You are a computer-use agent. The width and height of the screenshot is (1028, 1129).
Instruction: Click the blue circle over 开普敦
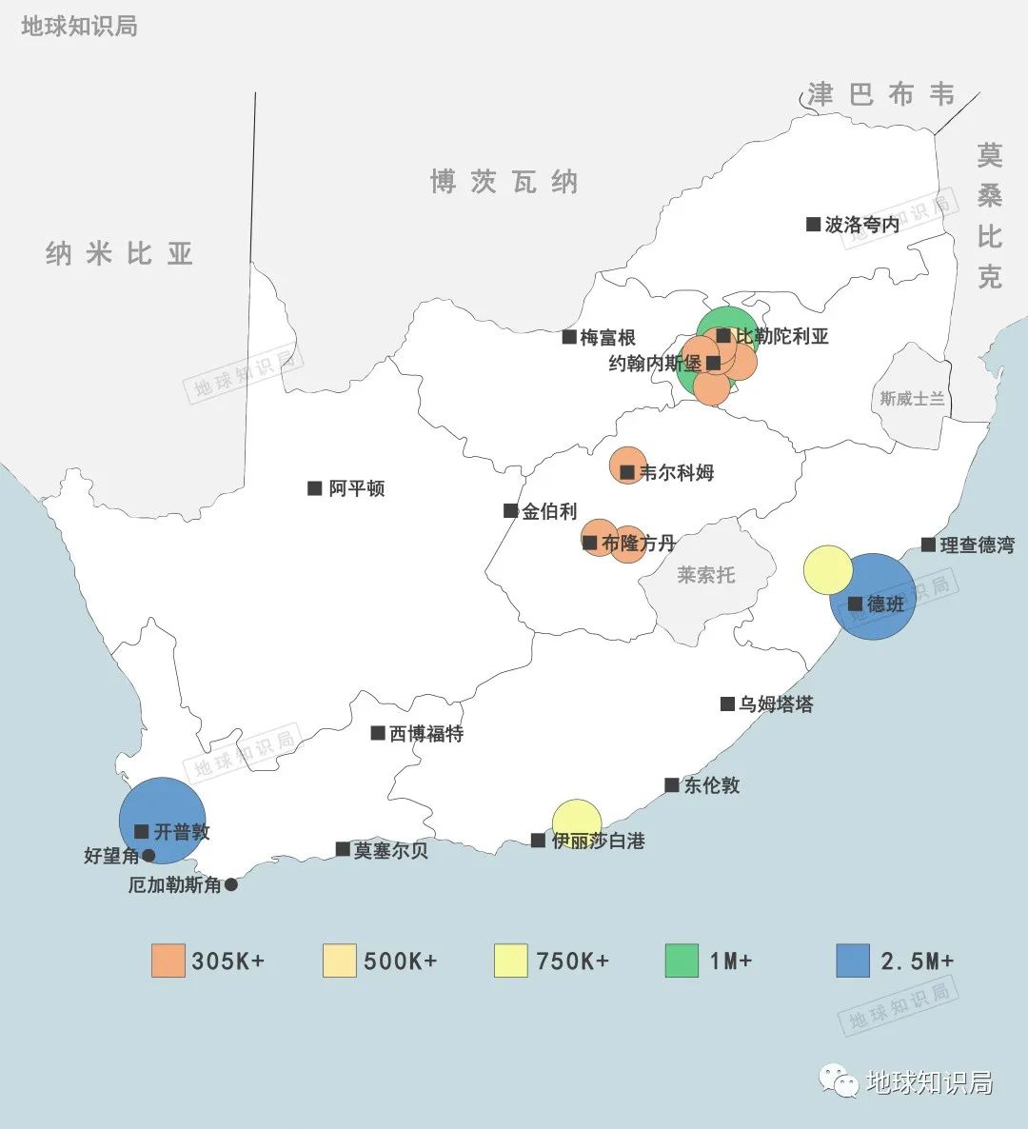(162, 820)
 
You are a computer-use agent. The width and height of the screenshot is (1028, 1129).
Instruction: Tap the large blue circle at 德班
(873, 596)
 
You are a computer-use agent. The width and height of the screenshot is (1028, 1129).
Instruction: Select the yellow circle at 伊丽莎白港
(577, 822)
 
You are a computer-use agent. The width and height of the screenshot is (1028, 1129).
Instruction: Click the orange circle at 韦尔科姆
(626, 465)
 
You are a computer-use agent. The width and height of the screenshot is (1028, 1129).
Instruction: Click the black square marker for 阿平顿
(315, 488)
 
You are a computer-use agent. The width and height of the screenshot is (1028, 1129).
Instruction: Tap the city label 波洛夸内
(861, 225)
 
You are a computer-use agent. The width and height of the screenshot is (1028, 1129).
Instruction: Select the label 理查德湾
(977, 545)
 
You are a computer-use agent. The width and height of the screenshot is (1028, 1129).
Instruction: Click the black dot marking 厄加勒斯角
(230, 884)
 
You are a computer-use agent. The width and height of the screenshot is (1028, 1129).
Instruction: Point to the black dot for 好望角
(148, 856)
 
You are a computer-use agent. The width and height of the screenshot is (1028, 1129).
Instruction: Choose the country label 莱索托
(705, 575)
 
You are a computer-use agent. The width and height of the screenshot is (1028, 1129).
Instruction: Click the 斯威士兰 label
(912, 399)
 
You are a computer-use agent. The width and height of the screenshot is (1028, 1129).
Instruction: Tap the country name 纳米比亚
(120, 253)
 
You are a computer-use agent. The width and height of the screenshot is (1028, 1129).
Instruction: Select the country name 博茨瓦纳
(504, 181)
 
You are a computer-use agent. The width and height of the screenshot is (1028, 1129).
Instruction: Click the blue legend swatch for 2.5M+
(853, 961)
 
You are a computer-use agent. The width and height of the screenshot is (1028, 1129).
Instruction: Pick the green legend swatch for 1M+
(682, 961)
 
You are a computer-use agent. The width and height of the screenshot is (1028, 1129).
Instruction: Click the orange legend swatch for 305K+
(168, 961)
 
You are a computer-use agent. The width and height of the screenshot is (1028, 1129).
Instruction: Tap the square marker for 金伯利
(511, 511)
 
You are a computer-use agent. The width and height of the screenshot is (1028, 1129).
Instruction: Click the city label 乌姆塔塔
(776, 704)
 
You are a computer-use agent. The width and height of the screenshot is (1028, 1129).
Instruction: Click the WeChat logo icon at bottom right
(839, 1080)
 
